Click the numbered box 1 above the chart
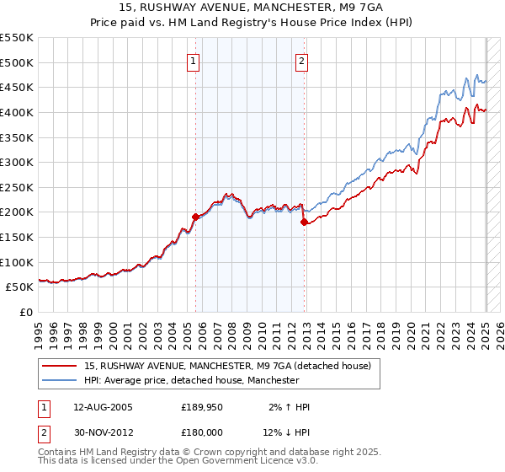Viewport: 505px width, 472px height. [194, 61]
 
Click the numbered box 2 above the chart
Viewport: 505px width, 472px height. [301, 61]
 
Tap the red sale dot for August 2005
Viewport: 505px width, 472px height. [195, 217]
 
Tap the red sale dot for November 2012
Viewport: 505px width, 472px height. [304, 222]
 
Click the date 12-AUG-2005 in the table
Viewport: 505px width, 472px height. [103, 407]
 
